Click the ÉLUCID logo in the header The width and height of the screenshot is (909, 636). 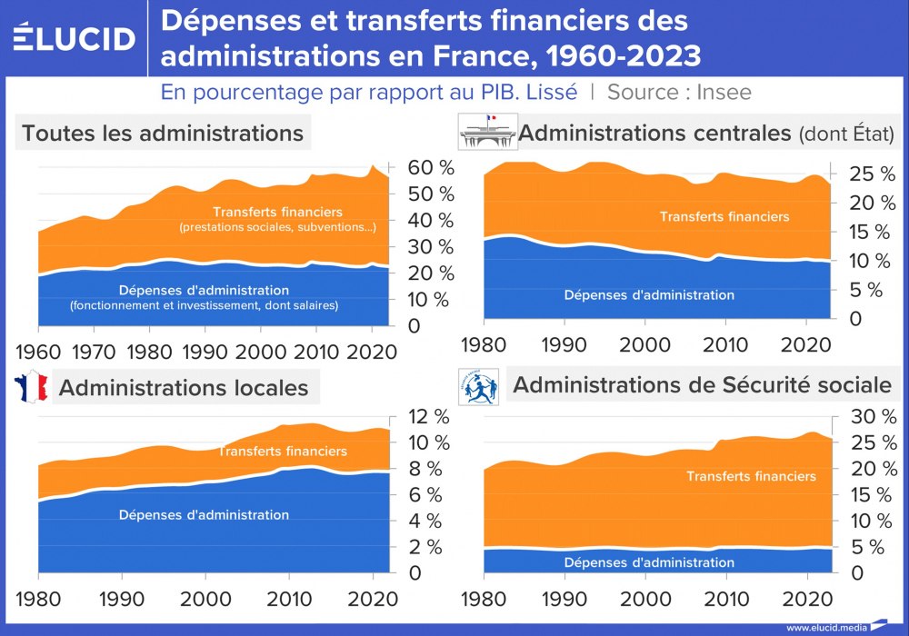point(75,37)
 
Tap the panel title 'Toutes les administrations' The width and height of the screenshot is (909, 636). point(163,133)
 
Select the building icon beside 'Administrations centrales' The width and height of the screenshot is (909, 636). point(486,132)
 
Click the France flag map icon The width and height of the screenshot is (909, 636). point(28,387)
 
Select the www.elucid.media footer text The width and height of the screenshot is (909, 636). point(826,626)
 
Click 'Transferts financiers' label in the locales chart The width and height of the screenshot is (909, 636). point(283,451)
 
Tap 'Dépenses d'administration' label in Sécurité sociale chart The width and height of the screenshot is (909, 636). point(649,561)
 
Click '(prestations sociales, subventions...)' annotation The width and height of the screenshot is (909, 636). point(278,226)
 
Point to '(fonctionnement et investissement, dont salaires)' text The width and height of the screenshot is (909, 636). point(204,306)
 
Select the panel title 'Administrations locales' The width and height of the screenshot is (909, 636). point(184,388)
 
